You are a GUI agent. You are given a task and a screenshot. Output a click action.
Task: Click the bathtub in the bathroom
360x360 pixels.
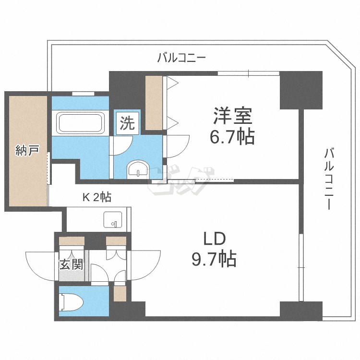coord(80,123)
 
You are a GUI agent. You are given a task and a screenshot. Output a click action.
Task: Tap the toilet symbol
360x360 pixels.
coord(71,302)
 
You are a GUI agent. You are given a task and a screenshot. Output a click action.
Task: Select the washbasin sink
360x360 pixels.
coord(138,169)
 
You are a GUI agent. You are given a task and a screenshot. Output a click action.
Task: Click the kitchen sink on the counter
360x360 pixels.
coord(113,219)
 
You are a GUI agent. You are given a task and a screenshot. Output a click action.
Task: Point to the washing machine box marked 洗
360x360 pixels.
coord(127,123)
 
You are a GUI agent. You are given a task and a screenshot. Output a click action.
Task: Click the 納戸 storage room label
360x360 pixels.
coord(27,151)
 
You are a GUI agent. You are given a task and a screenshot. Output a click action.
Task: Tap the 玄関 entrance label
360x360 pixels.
coord(71,264)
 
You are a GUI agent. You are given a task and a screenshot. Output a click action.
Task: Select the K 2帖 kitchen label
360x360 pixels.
coord(97,197)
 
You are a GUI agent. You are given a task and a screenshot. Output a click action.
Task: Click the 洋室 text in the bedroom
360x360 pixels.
coord(233,116)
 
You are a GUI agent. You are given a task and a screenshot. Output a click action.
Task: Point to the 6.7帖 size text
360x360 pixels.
coord(232,137)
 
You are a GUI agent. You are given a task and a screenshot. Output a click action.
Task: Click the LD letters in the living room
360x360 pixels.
coord(215,239)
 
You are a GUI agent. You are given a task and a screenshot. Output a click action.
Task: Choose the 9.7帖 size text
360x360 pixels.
coord(214,259)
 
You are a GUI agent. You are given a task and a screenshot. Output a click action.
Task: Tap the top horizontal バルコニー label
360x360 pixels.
coord(181,58)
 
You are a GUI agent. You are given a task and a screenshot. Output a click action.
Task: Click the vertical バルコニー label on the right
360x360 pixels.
coord(329,179)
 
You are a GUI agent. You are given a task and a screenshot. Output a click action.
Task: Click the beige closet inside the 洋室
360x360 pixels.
coord(154,103)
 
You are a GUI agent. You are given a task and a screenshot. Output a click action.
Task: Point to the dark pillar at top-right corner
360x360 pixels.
coord(301,90)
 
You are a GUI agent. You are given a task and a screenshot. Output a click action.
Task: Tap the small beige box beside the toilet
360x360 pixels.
coord(120,293)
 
